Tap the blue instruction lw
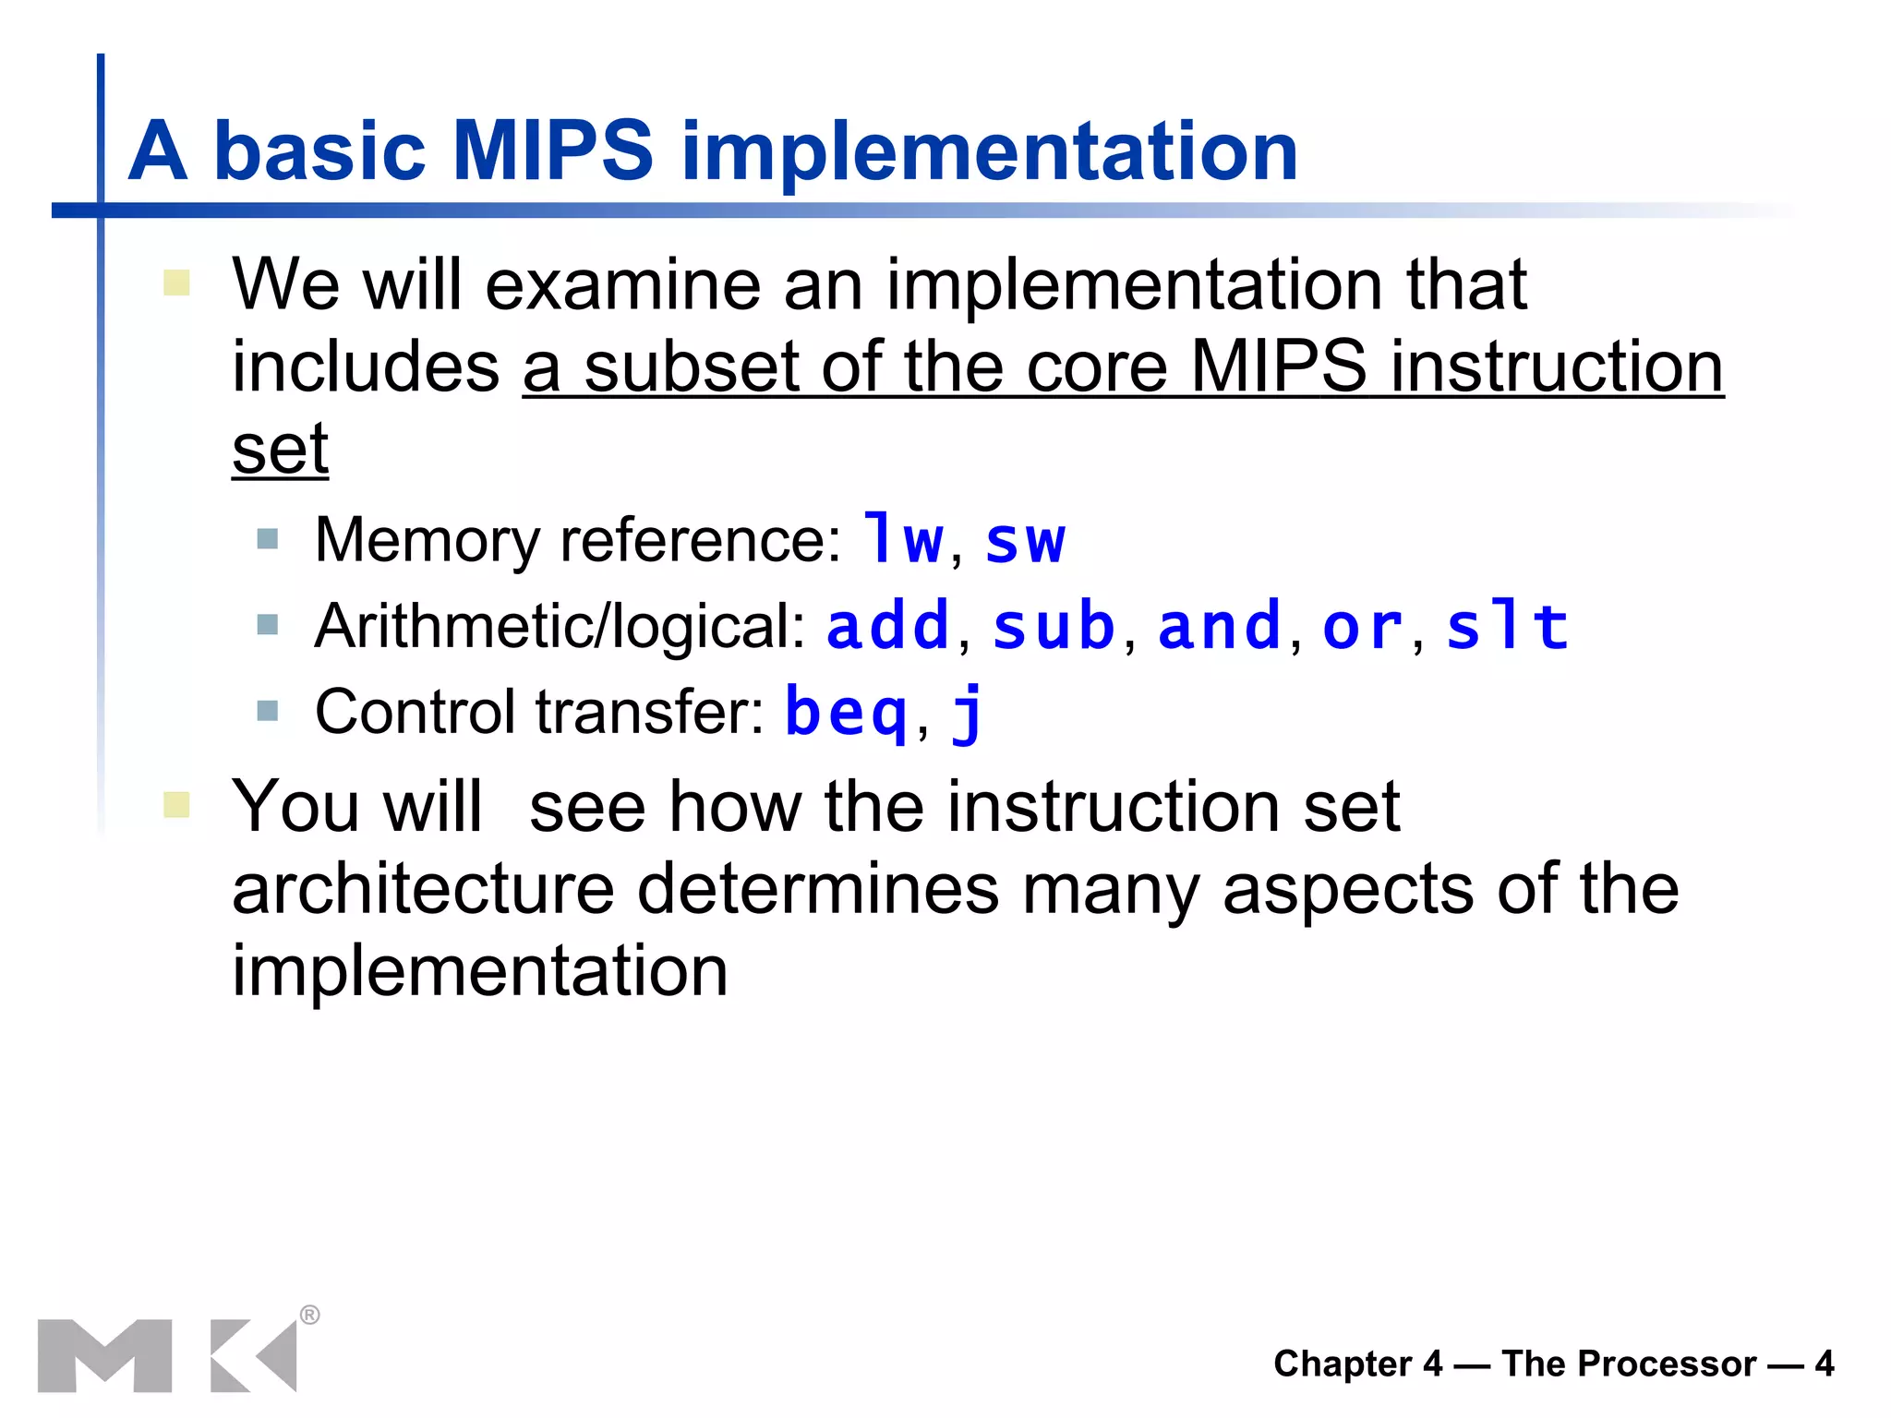coord(903,540)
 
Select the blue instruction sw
coord(1025,541)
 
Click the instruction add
coord(887,626)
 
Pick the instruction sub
coord(1054,626)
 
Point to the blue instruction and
coord(1219,626)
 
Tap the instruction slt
coord(1506,626)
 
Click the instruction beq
coord(846,713)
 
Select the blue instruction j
coord(968,714)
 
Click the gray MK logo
coord(166,1355)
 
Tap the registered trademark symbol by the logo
coord(310,1315)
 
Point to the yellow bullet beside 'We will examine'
coord(176,282)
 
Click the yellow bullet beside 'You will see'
coord(176,804)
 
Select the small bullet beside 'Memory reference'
coord(268,538)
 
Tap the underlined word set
coord(280,449)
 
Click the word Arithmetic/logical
coord(560,626)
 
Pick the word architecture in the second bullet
coord(423,889)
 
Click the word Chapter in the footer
coord(1343,1364)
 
